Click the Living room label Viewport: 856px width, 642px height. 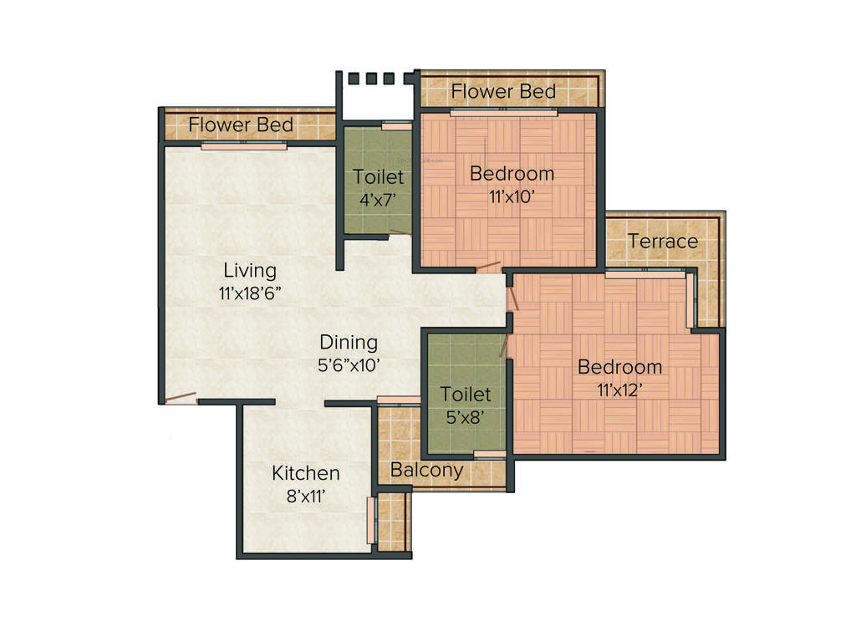(x=250, y=271)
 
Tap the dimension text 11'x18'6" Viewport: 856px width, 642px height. (x=250, y=293)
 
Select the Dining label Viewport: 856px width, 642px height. (x=349, y=343)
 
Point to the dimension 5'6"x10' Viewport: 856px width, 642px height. (x=349, y=365)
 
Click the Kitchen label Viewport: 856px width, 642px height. (x=306, y=473)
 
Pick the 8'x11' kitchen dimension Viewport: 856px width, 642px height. (x=306, y=496)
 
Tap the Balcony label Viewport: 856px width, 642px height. (x=426, y=470)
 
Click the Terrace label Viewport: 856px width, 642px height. (x=663, y=241)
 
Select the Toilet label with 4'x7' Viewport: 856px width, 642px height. (x=378, y=177)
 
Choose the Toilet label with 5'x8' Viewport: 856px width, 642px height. (x=466, y=394)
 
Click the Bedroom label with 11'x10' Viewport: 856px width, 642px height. (x=512, y=174)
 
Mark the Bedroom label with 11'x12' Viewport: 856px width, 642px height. (x=619, y=367)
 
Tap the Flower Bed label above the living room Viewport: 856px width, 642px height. (x=241, y=125)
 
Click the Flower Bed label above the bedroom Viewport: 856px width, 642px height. (x=503, y=91)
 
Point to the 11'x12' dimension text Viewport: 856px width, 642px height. (x=619, y=390)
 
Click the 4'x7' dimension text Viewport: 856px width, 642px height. (x=378, y=200)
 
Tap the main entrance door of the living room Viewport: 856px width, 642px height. (x=181, y=398)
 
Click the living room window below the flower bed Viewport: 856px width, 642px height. (x=243, y=145)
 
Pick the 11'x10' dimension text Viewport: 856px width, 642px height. (x=512, y=196)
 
